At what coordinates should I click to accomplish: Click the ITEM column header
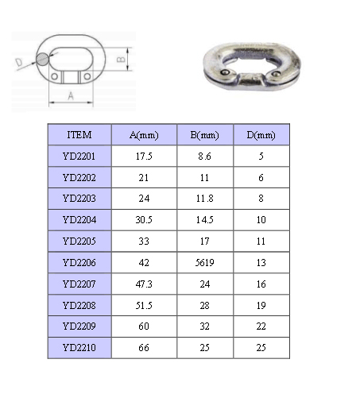coord(79,135)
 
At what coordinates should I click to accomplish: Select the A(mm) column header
coord(144,135)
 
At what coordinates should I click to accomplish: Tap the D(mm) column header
coord(261,135)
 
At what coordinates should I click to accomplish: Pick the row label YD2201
coord(79,156)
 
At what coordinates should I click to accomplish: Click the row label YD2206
coord(79,263)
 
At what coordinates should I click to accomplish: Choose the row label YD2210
coord(79,348)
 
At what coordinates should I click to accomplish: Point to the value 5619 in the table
coord(205,263)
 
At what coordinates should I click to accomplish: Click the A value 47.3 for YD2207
coord(144,284)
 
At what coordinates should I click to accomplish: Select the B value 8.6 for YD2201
coord(204,156)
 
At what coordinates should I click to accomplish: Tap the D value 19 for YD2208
coord(261,306)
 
